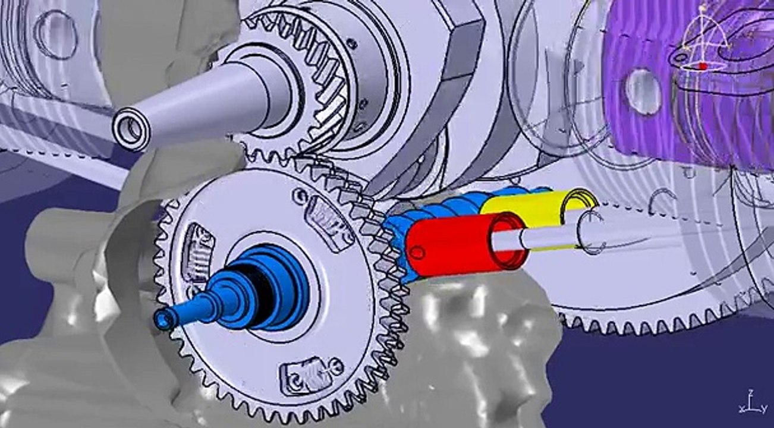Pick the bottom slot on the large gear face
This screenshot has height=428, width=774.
[307, 374]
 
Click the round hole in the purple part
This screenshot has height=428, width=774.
[643, 92]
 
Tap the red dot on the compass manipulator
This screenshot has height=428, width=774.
[703, 67]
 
